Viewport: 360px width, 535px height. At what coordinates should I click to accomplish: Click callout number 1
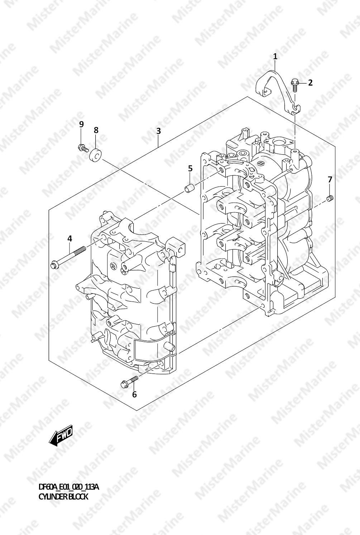click(275, 57)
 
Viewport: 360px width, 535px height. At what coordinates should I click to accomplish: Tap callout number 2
click(310, 83)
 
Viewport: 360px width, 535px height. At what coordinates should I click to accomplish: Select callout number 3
click(158, 131)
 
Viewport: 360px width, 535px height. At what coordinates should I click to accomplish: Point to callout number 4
click(69, 238)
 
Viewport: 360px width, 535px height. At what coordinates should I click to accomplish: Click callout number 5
click(190, 168)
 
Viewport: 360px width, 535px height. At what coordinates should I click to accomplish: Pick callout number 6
click(134, 395)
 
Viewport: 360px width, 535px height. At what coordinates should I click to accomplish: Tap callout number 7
click(330, 179)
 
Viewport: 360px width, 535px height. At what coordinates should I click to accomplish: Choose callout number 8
click(96, 130)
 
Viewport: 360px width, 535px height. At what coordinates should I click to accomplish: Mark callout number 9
click(81, 124)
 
